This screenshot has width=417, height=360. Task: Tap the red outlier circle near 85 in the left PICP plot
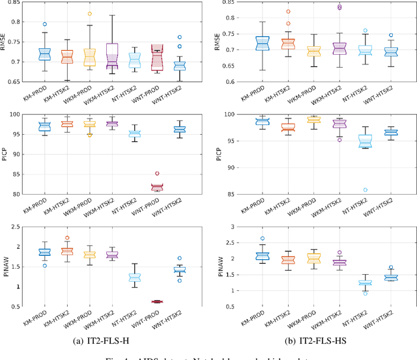click(156, 174)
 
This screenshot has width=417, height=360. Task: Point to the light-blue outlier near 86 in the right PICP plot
click(365, 190)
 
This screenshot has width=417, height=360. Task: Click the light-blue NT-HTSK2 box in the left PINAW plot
click(134, 277)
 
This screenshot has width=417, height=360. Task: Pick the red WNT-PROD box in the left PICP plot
click(156, 187)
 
